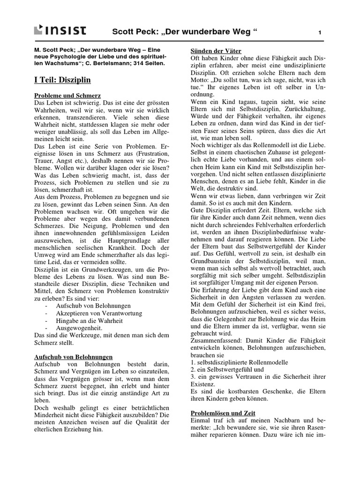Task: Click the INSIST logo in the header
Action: (x=60, y=31)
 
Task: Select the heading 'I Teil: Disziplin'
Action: (x=62, y=80)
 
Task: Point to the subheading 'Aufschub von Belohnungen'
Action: (x=74, y=357)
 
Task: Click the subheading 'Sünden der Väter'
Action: (x=215, y=50)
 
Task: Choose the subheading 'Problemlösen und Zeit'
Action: (x=223, y=413)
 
